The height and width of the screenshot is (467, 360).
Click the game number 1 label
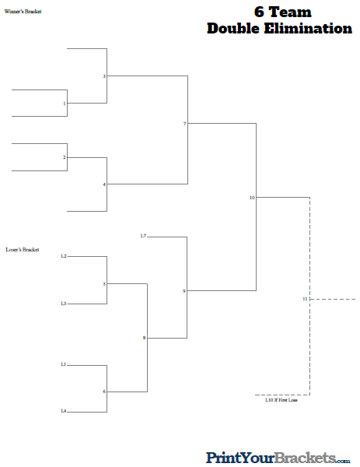tap(65, 104)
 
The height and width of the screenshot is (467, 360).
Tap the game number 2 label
tap(65, 157)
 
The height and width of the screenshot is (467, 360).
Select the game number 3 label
tap(104, 76)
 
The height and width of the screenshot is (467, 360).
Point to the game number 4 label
tap(104, 184)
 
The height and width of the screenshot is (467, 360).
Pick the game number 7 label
tap(185, 124)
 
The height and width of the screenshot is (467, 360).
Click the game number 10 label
tap(252, 198)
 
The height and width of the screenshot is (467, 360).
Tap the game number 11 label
tap(305, 299)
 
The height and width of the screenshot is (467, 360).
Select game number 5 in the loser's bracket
tap(104, 284)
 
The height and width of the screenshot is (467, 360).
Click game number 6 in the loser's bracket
tap(104, 392)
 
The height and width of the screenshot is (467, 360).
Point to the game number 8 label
tap(145, 338)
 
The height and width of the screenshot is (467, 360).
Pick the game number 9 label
tap(184, 291)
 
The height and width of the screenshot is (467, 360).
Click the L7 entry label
tap(143, 236)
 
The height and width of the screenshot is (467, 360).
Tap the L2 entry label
tap(64, 256)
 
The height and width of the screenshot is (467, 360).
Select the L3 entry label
tap(64, 304)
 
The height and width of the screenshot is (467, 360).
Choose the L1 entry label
tap(64, 364)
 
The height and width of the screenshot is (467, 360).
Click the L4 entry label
tap(64, 411)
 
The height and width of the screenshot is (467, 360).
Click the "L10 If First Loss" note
tap(281, 400)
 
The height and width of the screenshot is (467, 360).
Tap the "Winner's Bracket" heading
tap(23, 12)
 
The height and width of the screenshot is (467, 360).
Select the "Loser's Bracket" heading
tap(23, 250)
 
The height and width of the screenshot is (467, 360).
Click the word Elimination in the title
tap(308, 29)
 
